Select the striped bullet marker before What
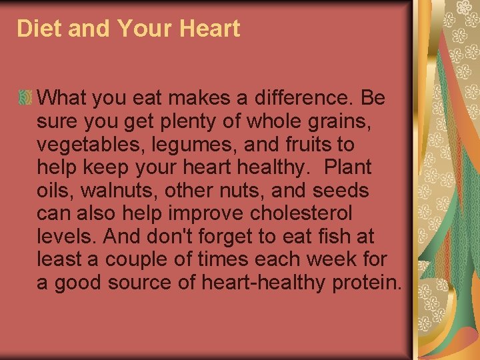click(25, 98)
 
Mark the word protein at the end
click(366, 283)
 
